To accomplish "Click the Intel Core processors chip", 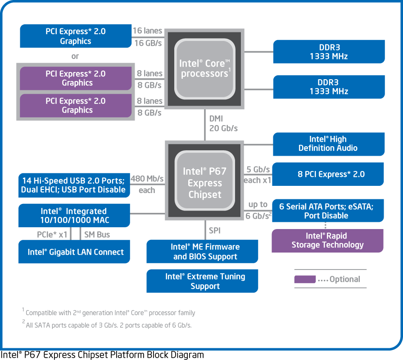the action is (204, 69).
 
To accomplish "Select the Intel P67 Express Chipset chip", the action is (204, 180).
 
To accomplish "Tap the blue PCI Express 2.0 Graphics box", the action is (76, 36).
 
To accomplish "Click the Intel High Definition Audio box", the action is (329, 144).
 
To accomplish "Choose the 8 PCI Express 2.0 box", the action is (328, 174).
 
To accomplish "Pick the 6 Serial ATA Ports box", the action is (328, 211).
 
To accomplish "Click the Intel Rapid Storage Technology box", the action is (328, 241).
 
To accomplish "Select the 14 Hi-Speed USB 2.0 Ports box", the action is (74, 185).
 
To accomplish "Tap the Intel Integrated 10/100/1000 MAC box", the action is (74, 216).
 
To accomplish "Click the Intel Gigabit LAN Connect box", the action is (74, 252).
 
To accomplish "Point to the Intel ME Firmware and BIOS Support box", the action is (202, 252).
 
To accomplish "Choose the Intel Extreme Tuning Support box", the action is (202, 281).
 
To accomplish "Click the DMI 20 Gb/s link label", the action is (223, 123).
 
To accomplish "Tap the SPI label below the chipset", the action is (215, 230).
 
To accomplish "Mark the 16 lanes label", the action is (147, 31).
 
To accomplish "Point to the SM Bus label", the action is (97, 234).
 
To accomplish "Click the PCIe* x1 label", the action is (52, 234).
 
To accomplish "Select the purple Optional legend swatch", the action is (305, 279).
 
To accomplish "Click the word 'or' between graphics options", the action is (75, 56).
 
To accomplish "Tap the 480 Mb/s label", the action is (147, 179).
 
